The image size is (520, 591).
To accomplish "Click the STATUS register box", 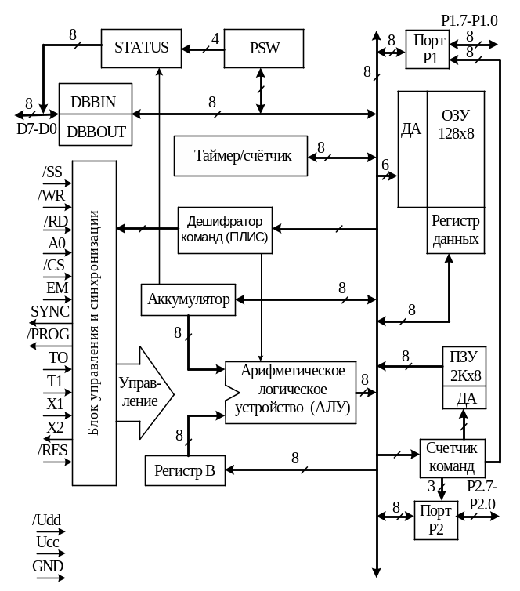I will coord(141,48).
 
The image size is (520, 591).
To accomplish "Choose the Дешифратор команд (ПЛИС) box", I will coord(226,230).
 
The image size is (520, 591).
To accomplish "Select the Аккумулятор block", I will coord(189,299).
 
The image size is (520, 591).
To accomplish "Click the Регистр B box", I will coord(185,471).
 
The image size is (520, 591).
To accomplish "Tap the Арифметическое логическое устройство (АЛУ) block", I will coord(290,392).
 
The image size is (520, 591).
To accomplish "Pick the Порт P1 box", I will coord(426,49).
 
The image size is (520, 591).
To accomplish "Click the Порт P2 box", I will coord(435,519).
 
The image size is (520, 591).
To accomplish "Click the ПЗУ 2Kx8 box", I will coord(464,367).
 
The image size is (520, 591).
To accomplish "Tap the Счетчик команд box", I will coord(451,456).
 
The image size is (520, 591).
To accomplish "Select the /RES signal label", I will coord(53,451).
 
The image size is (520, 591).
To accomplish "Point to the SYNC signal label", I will coord(50,310).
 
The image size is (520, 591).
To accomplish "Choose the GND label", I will coord(48,566).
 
